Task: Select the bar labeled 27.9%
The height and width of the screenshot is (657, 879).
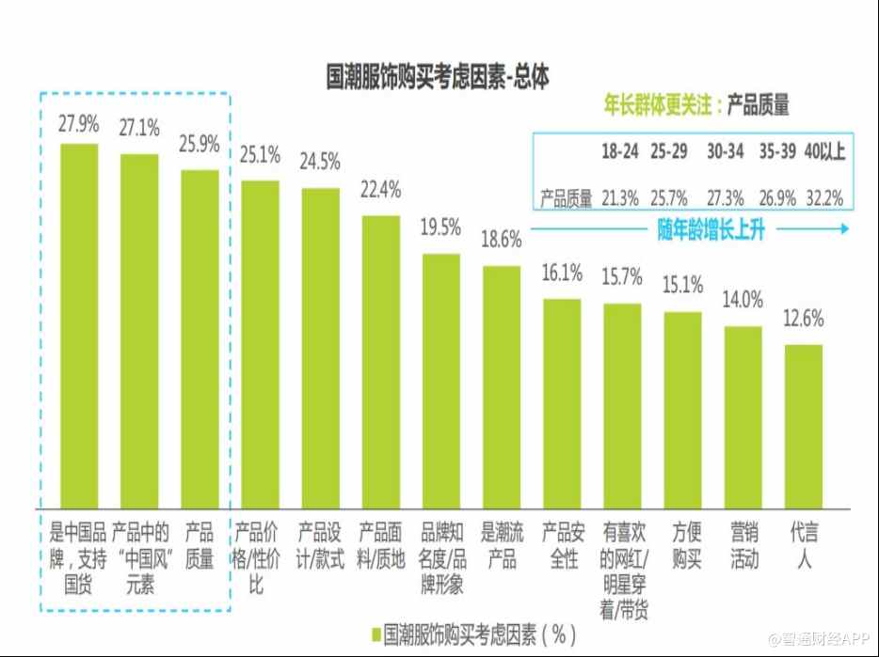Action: pyautogui.click(x=79, y=324)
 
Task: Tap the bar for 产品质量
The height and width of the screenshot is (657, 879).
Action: pyautogui.click(x=200, y=338)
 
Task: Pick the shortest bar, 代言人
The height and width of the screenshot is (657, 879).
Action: pyautogui.click(x=803, y=425)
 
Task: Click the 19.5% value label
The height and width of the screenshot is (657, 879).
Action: pyautogui.click(x=440, y=227)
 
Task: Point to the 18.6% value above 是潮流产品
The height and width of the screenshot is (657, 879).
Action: pyautogui.click(x=502, y=239)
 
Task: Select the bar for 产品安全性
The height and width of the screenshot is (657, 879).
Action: pyautogui.click(x=562, y=402)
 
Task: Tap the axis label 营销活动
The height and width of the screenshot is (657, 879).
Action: pyautogui.click(x=743, y=545)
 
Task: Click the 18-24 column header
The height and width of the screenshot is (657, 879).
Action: pyautogui.click(x=620, y=151)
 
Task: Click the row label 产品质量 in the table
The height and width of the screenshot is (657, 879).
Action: pyautogui.click(x=566, y=198)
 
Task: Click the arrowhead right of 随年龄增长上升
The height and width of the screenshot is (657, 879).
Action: pyautogui.click(x=842, y=228)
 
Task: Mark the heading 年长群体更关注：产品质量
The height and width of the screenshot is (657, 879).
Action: pyautogui.click(x=695, y=104)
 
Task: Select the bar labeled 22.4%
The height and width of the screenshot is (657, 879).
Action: pyautogui.click(x=380, y=361)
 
